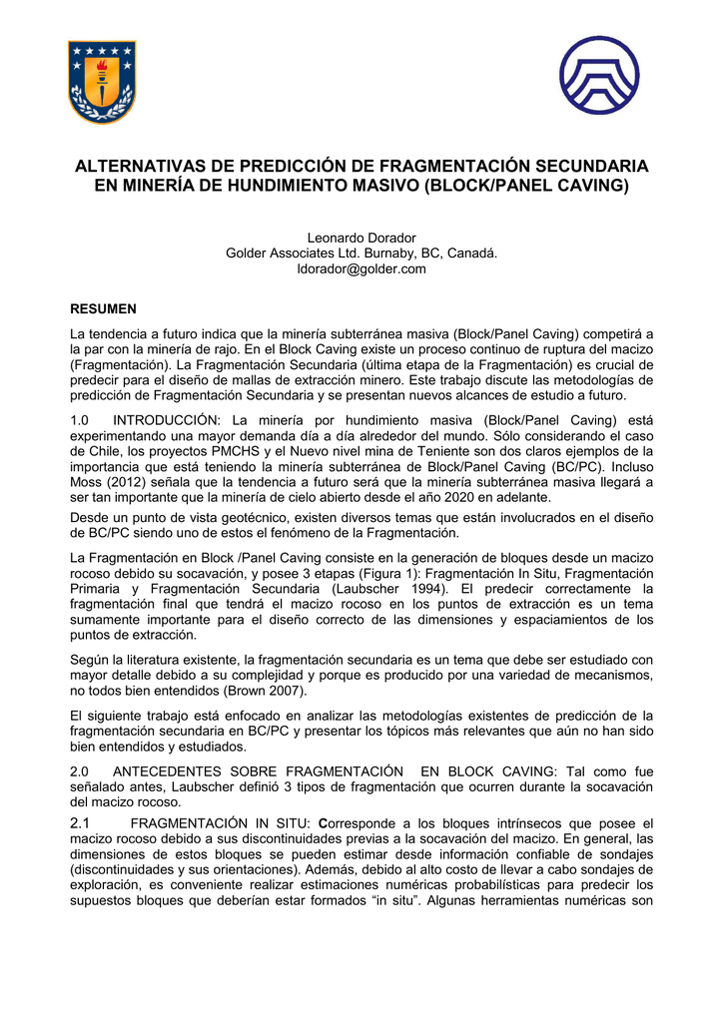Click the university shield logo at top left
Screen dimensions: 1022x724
tap(101, 82)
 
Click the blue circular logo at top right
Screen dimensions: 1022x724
tap(599, 76)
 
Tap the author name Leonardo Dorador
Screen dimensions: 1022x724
tap(362, 238)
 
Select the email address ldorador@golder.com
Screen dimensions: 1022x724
tap(362, 268)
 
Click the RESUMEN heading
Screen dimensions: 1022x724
tap(103, 309)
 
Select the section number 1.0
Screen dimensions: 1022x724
tap(80, 420)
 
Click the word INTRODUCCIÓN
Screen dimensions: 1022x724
tap(168, 420)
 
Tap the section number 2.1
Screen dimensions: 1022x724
tap(81, 822)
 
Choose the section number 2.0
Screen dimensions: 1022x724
tap(80, 771)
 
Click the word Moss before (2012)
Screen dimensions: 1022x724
tap(87, 482)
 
